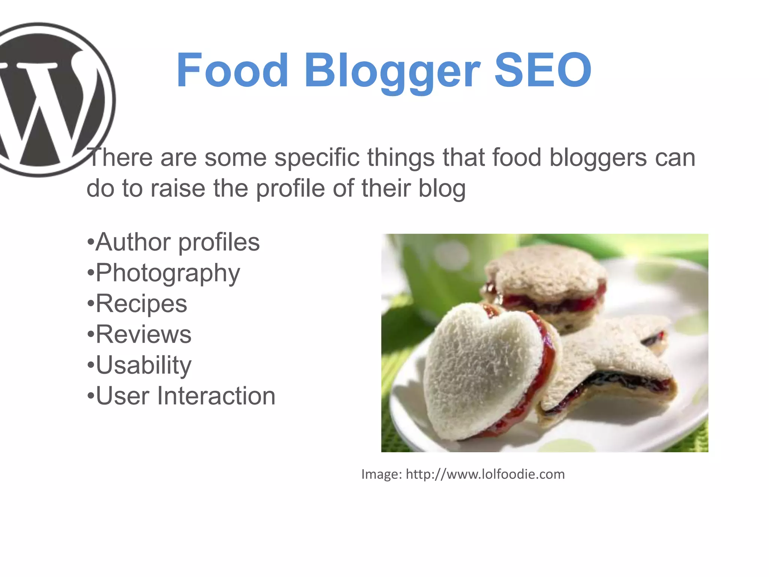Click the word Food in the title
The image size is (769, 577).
point(232,70)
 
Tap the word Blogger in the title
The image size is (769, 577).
point(392,71)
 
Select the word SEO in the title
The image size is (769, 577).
point(543,70)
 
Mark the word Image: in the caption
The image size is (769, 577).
point(381,474)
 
